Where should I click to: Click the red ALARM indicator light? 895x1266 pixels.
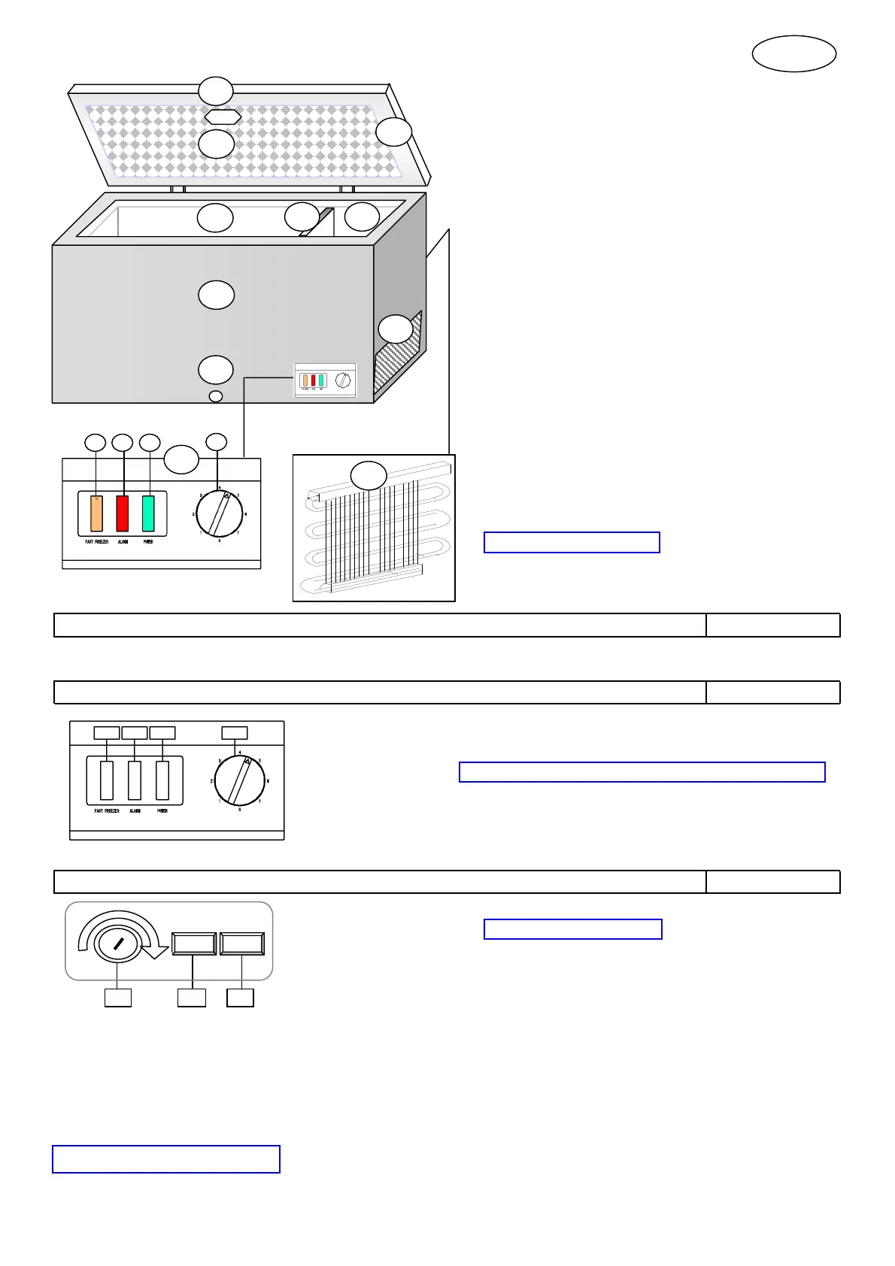(x=122, y=513)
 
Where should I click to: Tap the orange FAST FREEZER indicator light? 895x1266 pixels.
(x=96, y=513)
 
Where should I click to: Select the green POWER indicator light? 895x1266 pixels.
(x=148, y=513)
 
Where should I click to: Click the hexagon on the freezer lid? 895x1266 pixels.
(x=223, y=117)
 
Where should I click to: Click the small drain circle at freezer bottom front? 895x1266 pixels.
(x=216, y=396)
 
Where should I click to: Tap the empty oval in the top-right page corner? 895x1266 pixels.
(x=794, y=54)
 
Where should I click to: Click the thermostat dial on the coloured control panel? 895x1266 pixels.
(x=220, y=514)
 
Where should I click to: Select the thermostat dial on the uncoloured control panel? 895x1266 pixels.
(x=240, y=781)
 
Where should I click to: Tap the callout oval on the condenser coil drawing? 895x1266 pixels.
(x=369, y=475)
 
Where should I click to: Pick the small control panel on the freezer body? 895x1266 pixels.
(x=324, y=381)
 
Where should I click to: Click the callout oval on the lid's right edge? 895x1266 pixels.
(x=394, y=132)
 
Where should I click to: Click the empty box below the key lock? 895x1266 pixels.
(x=117, y=998)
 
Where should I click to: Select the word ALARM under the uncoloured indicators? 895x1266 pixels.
(x=135, y=811)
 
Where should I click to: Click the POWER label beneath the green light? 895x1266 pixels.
(x=148, y=542)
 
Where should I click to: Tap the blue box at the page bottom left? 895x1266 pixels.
(x=165, y=1159)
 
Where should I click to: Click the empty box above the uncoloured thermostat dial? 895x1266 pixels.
(x=235, y=732)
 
